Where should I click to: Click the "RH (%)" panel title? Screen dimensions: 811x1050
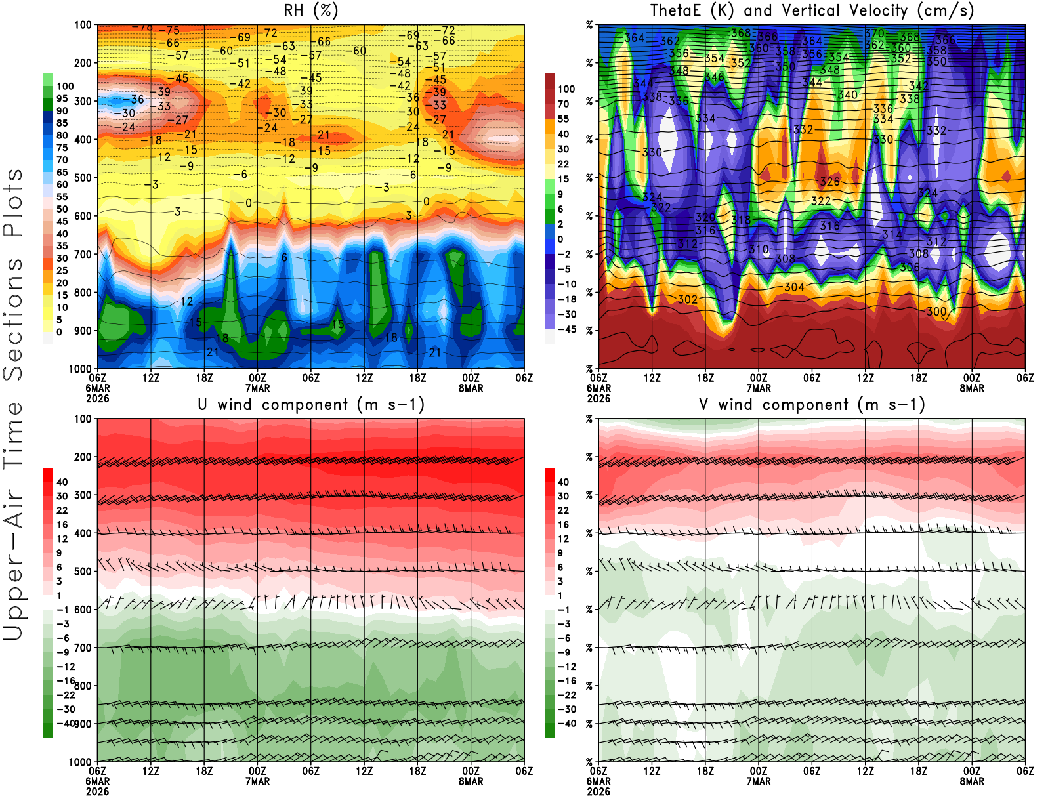coord(311,10)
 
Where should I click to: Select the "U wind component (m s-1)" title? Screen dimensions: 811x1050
coord(311,405)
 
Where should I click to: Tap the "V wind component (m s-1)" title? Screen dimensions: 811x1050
coord(812,405)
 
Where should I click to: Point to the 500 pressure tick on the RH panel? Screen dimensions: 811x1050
coord(83,178)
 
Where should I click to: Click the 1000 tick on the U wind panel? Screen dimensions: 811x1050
coord(80,762)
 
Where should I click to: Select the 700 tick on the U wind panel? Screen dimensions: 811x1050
coord(83,648)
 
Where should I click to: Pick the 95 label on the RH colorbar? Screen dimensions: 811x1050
coord(62,98)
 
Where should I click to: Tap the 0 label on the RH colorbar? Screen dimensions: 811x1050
coord(59,332)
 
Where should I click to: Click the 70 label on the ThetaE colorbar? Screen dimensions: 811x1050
coord(563,104)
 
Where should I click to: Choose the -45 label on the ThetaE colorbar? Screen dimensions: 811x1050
coord(566,329)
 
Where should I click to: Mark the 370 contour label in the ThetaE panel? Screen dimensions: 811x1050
coord(875,33)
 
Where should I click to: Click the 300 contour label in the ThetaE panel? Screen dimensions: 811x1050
coord(936,312)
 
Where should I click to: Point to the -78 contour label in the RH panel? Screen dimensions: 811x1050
coord(142,27)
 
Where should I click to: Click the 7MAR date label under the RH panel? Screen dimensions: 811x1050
coord(257,388)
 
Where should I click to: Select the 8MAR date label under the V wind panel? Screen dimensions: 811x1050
coord(972,781)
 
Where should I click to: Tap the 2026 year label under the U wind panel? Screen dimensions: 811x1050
coord(97,791)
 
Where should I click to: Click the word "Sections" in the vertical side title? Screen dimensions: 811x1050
coord(13,318)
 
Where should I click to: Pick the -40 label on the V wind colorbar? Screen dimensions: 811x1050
coord(566,724)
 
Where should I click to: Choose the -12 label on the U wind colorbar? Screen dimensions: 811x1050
coord(66,667)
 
